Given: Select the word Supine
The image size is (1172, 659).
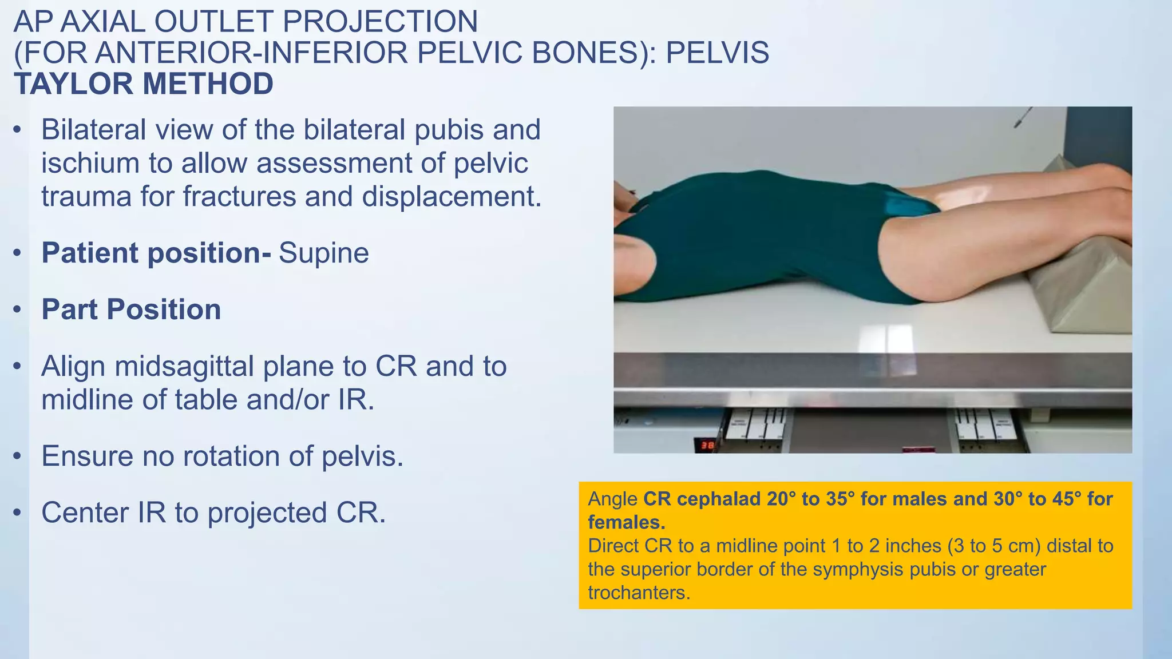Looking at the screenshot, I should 324,253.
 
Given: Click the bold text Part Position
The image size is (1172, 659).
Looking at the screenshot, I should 131,309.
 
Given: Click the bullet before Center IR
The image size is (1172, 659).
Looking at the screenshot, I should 18,513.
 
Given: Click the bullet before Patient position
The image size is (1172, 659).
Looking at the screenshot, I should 18,253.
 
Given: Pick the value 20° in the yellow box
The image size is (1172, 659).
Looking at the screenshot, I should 781,499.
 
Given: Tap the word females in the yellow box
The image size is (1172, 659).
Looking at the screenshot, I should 625,523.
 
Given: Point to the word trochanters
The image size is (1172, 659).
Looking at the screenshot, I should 639,593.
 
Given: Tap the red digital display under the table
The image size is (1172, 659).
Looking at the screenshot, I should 704,444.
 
